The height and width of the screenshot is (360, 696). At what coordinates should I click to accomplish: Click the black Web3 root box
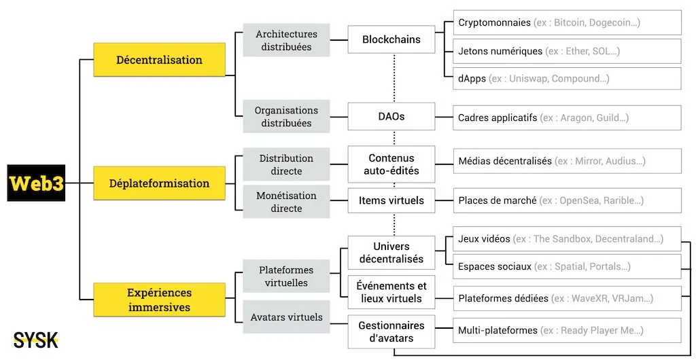click(36, 183)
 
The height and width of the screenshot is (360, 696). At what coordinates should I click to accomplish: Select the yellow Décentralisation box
click(159, 60)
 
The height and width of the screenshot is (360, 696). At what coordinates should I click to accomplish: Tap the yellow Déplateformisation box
click(159, 183)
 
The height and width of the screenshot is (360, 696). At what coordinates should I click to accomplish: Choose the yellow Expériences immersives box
click(159, 300)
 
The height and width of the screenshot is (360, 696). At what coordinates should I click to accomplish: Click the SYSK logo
click(35, 340)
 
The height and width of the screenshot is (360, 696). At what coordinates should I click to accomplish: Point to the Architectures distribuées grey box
click(286, 40)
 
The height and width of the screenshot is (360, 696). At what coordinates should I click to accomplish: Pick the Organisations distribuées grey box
click(286, 117)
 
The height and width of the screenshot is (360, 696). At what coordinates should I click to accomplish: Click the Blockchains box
click(391, 39)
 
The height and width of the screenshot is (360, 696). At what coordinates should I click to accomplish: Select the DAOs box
click(391, 117)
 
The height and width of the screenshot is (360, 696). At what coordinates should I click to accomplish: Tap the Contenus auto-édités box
click(391, 164)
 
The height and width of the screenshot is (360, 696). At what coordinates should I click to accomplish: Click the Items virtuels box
click(391, 200)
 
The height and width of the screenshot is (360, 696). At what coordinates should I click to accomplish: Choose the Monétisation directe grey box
click(286, 202)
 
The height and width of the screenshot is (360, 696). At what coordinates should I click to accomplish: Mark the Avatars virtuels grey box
click(286, 317)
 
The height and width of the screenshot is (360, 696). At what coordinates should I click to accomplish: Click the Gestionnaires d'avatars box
click(391, 331)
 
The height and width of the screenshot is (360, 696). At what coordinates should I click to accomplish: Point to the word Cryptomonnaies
click(494, 22)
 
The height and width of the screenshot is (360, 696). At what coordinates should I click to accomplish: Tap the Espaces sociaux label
click(495, 267)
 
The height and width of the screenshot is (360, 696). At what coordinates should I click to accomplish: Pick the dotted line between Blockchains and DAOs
click(394, 79)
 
